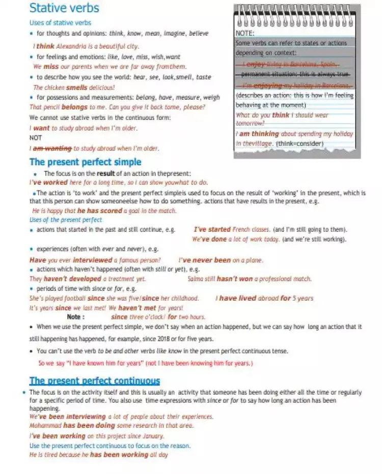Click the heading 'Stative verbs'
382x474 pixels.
[x=64, y=8]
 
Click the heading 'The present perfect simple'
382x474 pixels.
[x=85, y=162]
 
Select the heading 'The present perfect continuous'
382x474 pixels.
[x=95, y=381]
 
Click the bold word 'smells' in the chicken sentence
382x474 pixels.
[x=76, y=87]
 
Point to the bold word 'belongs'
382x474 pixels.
[x=74, y=107]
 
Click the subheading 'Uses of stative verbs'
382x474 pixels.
[x=60, y=23]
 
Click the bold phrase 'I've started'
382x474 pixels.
[x=212, y=229]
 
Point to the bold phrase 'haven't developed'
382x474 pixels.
[x=72, y=279]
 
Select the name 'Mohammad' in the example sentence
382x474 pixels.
[x=45, y=426]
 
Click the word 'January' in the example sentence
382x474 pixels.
[x=153, y=436]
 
